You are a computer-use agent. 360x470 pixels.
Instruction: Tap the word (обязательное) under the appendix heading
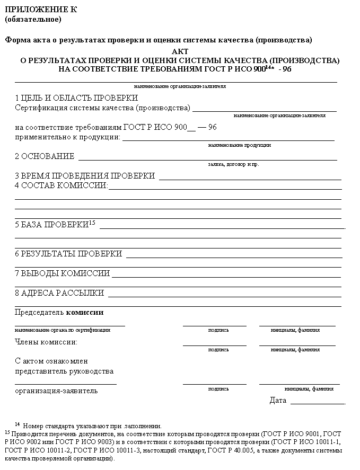click(33, 20)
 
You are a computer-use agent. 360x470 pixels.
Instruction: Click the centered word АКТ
click(180, 51)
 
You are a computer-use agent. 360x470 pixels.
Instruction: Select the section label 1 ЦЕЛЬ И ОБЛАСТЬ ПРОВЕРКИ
click(76, 98)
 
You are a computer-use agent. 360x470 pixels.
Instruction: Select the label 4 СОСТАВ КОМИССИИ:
click(62, 185)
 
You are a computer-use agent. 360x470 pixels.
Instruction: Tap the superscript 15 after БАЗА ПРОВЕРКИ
click(92, 223)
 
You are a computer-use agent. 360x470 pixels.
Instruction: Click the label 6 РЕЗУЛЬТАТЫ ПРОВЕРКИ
click(68, 254)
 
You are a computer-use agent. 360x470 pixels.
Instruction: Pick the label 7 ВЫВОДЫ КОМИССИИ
click(63, 273)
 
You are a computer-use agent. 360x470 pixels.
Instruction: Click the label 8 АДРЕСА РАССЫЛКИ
click(59, 293)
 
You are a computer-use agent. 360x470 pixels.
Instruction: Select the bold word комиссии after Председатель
click(85, 313)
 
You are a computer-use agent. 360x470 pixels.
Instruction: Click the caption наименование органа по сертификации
click(63, 330)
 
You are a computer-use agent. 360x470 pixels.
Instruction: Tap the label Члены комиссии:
click(46, 342)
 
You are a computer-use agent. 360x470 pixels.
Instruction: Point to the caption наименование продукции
click(240, 145)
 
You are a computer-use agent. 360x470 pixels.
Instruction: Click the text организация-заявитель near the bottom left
click(56, 391)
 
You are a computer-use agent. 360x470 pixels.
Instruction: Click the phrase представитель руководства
click(64, 371)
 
